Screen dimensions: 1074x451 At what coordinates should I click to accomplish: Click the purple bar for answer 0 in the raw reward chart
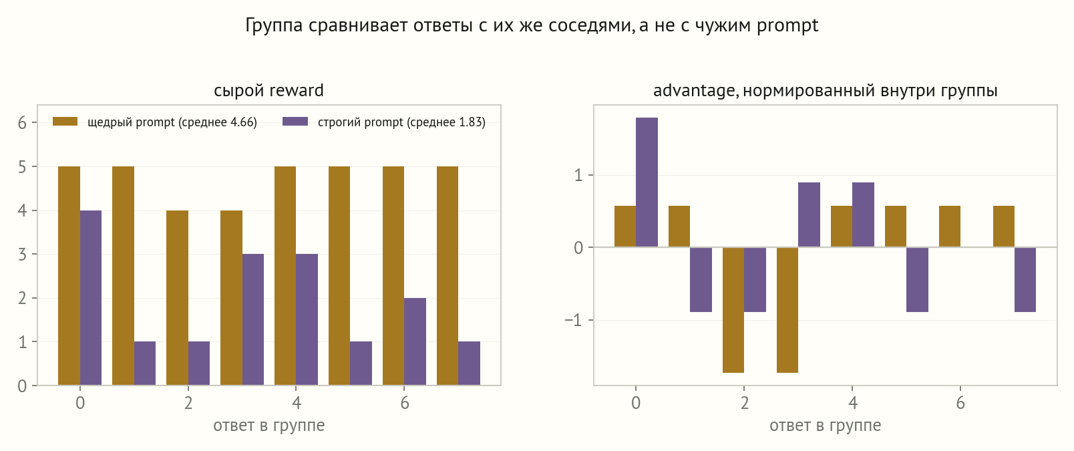click(91, 297)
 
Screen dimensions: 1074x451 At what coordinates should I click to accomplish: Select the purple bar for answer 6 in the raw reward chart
click(415, 341)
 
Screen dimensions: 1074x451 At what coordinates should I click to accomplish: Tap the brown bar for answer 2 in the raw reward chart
click(178, 297)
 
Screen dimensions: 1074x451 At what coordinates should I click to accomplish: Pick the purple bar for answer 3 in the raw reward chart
click(253, 319)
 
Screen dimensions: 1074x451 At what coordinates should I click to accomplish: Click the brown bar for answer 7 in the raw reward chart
click(447, 276)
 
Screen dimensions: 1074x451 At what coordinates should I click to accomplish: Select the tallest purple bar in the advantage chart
click(647, 182)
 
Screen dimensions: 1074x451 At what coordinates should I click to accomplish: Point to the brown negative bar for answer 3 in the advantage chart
click(787, 310)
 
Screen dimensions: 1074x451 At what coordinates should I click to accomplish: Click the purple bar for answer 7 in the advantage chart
click(1025, 280)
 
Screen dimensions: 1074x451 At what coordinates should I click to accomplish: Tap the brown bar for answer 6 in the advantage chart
click(950, 227)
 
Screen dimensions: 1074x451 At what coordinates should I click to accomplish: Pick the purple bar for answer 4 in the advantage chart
click(863, 215)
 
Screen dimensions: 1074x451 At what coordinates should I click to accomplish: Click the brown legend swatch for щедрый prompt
click(65, 122)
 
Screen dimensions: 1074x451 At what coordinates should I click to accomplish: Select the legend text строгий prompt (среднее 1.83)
click(402, 122)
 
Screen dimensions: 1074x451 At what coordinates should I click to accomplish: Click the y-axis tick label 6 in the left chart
click(22, 123)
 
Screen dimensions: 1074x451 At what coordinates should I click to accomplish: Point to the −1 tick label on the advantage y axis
click(573, 320)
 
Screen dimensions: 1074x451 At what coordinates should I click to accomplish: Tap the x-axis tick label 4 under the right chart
click(852, 403)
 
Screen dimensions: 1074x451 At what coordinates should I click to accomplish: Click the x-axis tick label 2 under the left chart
click(188, 403)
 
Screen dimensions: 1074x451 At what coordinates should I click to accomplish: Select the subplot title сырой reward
click(268, 91)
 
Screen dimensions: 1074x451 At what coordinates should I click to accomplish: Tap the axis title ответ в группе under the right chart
click(825, 426)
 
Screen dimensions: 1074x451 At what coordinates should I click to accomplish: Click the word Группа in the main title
click(274, 25)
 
